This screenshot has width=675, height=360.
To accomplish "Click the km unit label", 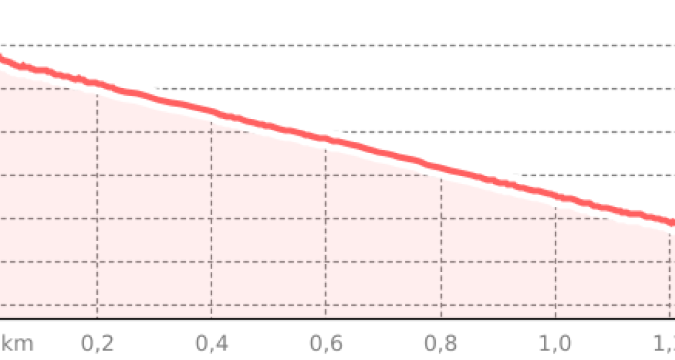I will [16, 343].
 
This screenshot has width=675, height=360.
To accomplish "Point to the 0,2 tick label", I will [98, 343].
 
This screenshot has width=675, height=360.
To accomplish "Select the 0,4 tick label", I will [212, 343].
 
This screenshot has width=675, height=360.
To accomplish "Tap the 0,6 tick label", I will [327, 343].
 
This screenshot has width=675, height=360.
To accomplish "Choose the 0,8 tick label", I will [441, 343].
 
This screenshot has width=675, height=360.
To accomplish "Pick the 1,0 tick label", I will [555, 343].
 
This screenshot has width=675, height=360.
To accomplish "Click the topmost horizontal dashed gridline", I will [386, 46].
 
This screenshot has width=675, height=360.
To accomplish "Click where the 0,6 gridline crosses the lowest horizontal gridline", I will [327, 305].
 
